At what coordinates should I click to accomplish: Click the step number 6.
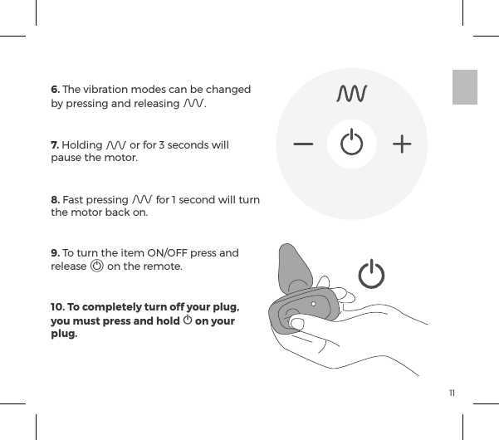[x=55, y=89]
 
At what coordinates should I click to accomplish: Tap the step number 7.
[x=54, y=146]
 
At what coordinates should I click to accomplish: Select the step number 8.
[x=55, y=200]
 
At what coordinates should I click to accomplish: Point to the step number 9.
[x=55, y=253]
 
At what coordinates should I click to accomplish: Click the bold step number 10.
[x=57, y=308]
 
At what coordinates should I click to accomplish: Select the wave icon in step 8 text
[x=142, y=200]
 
